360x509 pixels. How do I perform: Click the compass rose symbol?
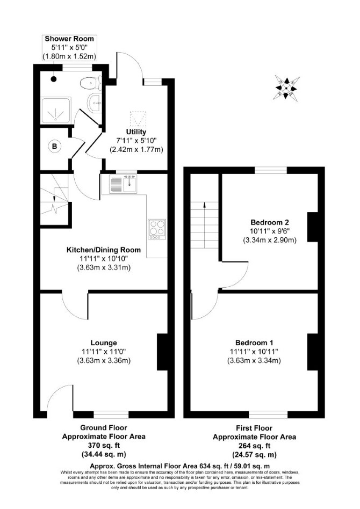287,87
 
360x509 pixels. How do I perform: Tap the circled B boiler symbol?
55,147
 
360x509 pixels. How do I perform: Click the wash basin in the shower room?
95,102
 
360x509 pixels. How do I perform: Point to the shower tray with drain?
55,111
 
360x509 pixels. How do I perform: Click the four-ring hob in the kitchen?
157,229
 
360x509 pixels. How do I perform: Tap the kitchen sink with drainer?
123,184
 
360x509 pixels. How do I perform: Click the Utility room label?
136,132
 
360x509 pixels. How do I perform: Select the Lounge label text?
104,343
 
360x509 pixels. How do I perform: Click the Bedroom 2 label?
270,222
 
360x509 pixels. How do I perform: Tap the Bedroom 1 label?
254,343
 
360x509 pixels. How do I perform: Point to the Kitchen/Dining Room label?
104,250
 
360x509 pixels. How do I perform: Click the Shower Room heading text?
69,39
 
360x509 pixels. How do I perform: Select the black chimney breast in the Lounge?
162,352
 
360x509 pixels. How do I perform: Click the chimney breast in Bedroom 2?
313,227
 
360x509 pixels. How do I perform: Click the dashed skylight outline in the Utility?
139,119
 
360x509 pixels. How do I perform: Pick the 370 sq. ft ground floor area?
104,446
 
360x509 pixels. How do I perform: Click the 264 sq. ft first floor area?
254,446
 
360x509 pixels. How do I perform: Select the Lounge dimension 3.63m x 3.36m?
104,361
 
